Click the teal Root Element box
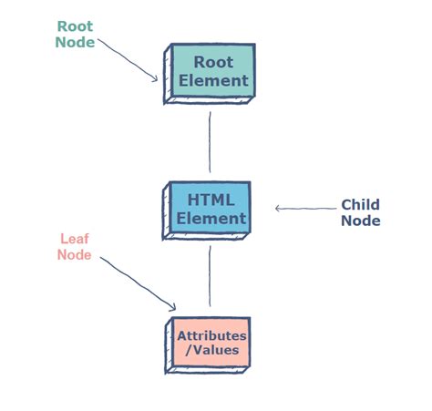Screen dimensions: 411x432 click(212, 70)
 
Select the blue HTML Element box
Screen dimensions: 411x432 click(211, 209)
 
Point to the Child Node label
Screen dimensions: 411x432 click(360, 212)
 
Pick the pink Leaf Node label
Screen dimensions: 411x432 click(75, 246)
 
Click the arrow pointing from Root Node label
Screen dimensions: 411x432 click(129, 58)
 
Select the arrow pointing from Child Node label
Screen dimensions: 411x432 click(304, 209)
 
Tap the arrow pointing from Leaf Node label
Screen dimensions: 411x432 click(137, 283)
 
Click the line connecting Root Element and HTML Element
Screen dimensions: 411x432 click(211, 141)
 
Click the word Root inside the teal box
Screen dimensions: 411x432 click(212, 62)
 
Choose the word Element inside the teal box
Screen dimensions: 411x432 click(213, 80)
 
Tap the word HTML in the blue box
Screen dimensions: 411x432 click(211, 200)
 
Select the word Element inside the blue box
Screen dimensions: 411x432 click(211, 219)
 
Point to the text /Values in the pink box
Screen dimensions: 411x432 click(211, 349)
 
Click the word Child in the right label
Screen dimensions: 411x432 click(360, 204)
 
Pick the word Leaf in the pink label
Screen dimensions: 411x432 click(75, 238)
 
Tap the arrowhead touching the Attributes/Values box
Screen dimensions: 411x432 click(171, 306)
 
